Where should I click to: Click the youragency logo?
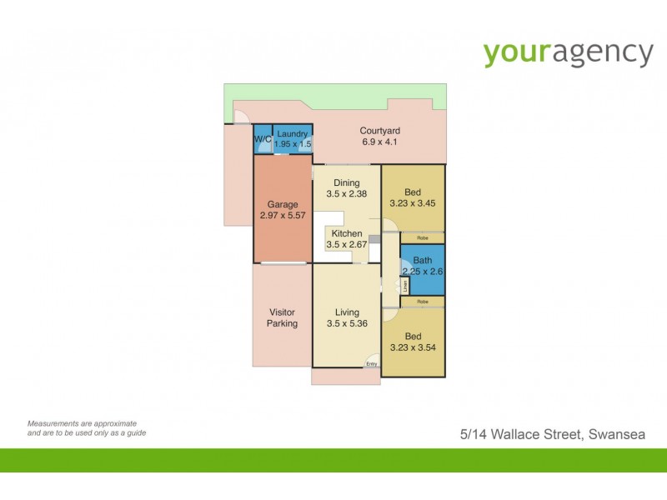[x=569, y=52]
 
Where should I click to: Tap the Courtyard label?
[x=380, y=131]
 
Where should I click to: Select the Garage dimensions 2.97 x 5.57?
[x=282, y=216]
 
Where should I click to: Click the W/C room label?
[x=262, y=138]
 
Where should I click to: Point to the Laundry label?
[x=293, y=133]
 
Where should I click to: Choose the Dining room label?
[x=346, y=183]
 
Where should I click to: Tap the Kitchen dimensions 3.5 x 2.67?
[x=347, y=245]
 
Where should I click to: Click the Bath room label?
[x=423, y=260]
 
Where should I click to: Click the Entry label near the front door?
[x=372, y=363]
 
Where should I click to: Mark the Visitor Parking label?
[x=282, y=317]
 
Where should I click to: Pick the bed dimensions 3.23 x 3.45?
[x=414, y=203]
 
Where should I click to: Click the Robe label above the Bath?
[x=423, y=238]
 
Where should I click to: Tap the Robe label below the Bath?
[x=423, y=301]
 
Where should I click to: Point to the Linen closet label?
[x=404, y=284]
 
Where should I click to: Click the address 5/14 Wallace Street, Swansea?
[x=552, y=434]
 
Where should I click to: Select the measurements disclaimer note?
[x=82, y=428]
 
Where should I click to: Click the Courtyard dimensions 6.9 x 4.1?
[x=380, y=142]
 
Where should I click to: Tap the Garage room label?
[x=282, y=204]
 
